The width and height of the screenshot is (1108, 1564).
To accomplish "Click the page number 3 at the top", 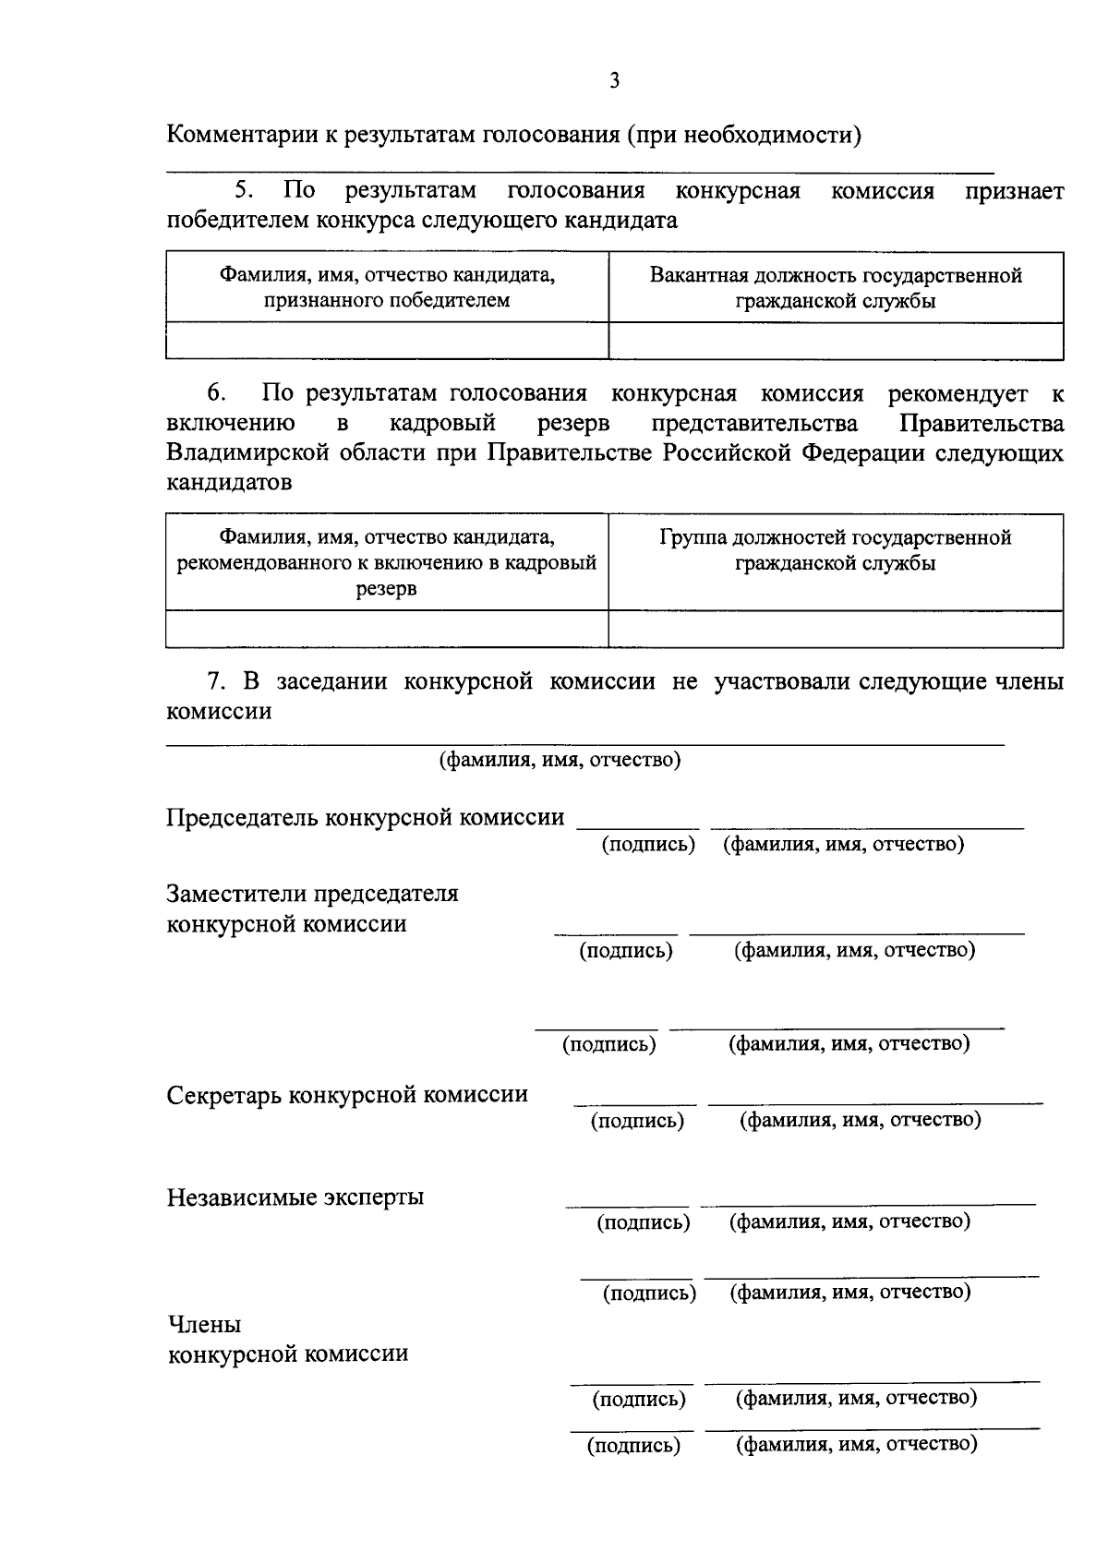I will click(614, 81).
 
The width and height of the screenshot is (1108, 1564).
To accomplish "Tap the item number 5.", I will click(243, 191).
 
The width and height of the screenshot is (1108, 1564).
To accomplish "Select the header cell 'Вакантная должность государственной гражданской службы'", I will click(836, 288).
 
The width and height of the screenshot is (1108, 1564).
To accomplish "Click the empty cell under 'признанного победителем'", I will click(387, 341).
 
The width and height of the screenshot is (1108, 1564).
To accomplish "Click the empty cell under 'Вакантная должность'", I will click(836, 341).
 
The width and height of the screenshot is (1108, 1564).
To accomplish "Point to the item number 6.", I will click(215, 394).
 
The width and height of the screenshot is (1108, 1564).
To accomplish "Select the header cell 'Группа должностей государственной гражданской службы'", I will click(836, 550).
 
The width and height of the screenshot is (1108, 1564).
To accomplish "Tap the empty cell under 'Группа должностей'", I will click(836, 629).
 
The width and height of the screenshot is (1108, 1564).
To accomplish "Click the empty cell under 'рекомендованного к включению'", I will click(387, 629).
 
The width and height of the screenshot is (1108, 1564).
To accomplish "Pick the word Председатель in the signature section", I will click(243, 817).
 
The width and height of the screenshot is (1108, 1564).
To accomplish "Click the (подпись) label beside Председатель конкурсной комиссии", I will click(648, 845).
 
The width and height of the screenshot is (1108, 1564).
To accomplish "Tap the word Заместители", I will click(236, 894).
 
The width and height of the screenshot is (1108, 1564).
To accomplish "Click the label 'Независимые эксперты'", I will click(295, 1197).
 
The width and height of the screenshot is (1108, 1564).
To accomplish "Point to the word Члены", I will click(204, 1325).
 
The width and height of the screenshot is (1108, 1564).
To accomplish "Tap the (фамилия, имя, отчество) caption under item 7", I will click(560, 760).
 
